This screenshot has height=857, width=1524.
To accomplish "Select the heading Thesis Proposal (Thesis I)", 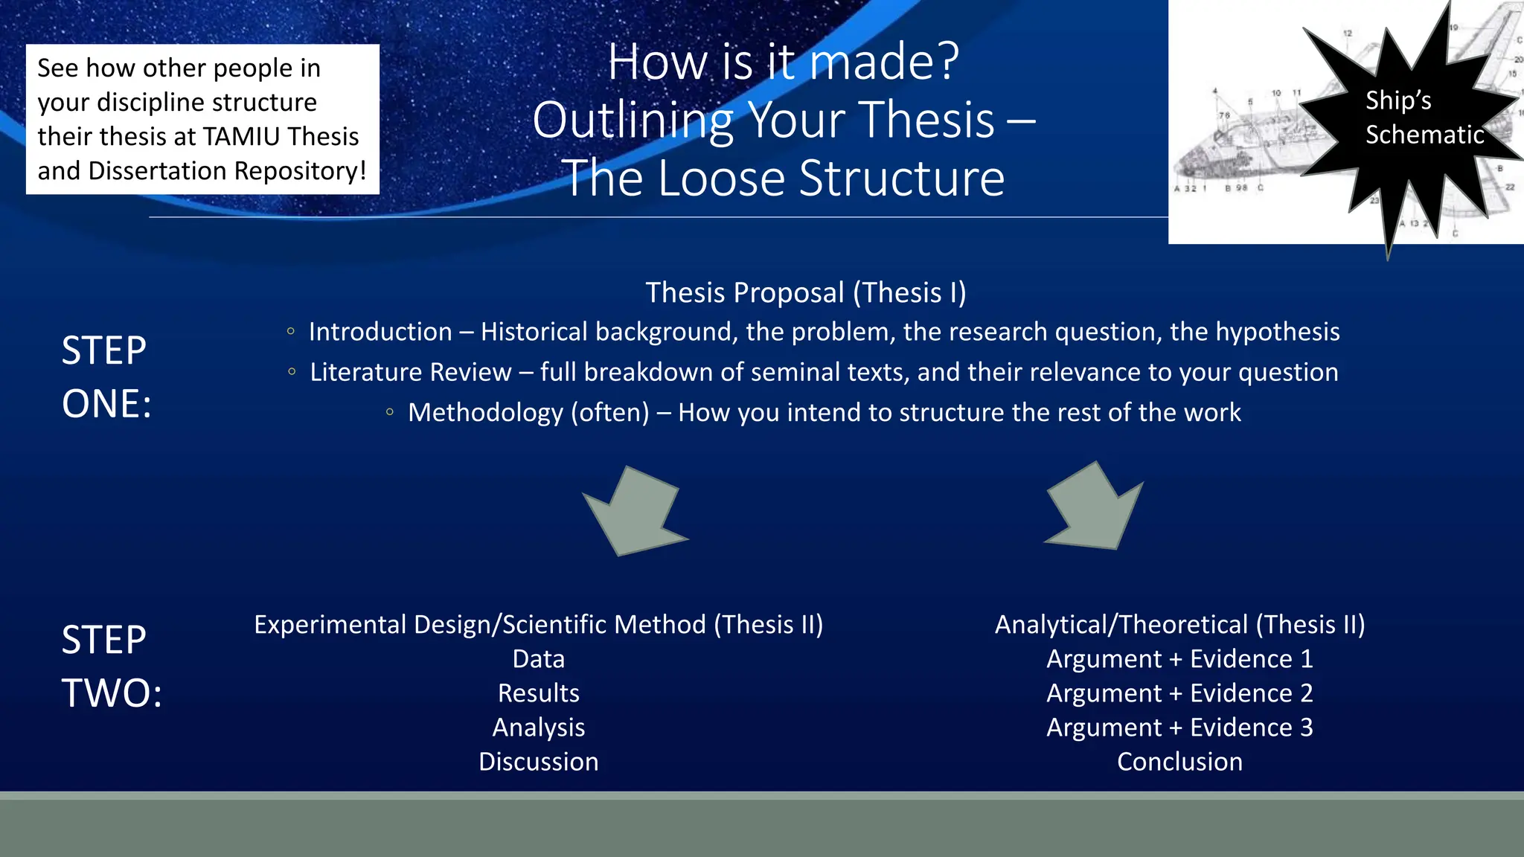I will point(805,293).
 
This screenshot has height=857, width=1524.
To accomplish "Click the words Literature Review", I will point(411,372).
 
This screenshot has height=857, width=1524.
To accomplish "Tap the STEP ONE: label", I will point(106,377).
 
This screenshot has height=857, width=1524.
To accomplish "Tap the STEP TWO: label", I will point(111,667).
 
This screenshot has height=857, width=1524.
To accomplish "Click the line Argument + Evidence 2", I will point(1179,693).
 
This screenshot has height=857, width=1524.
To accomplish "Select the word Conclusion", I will point(1179,762).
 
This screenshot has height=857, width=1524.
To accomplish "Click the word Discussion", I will point(538,762).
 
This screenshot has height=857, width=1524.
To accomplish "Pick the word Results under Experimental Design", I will point(538,693).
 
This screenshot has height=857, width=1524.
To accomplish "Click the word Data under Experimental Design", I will point(538,659).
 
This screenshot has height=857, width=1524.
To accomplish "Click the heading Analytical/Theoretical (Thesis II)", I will point(1179,625).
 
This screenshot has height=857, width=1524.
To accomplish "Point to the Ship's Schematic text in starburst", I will point(1423,118).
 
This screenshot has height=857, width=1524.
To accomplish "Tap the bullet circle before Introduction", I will point(291,332).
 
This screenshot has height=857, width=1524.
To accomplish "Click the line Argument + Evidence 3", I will point(1179,728).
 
